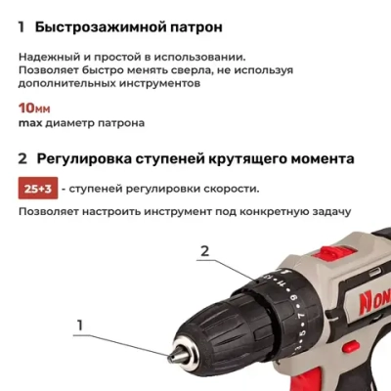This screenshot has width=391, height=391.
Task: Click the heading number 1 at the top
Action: (22, 28)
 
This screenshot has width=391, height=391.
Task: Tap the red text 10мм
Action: (36, 108)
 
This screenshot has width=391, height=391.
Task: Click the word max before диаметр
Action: (32, 124)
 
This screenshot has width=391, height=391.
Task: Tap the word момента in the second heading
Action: (317, 158)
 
